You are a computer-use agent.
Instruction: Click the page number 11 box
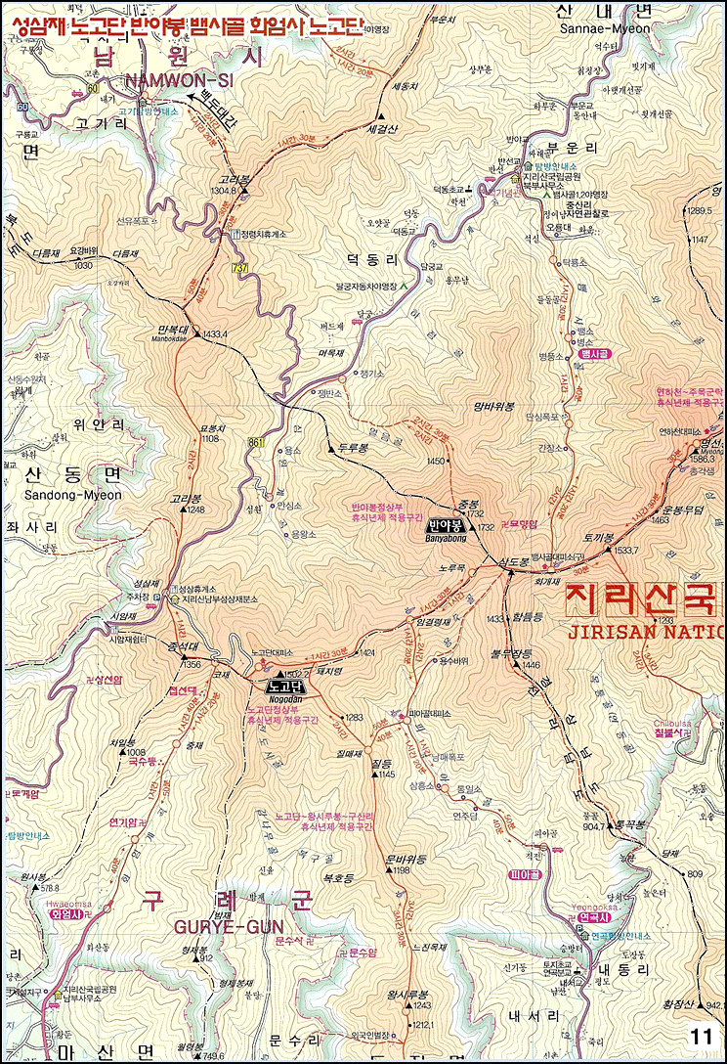coord(701,1036)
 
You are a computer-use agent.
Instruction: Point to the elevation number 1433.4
coord(216,334)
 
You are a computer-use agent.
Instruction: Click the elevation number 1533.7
coord(625,551)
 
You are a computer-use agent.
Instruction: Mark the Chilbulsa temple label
coord(673,724)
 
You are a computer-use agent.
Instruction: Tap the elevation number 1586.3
coord(703,458)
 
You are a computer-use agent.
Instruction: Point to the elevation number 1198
coord(402,869)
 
